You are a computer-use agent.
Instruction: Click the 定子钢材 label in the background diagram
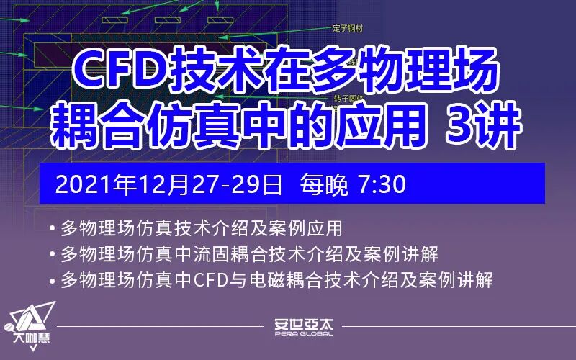pos(347,28)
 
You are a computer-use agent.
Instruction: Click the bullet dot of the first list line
pos(54,230)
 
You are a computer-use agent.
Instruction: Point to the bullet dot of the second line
pos(54,255)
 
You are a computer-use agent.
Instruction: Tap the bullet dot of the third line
pos(54,280)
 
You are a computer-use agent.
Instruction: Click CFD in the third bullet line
pos(212,279)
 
